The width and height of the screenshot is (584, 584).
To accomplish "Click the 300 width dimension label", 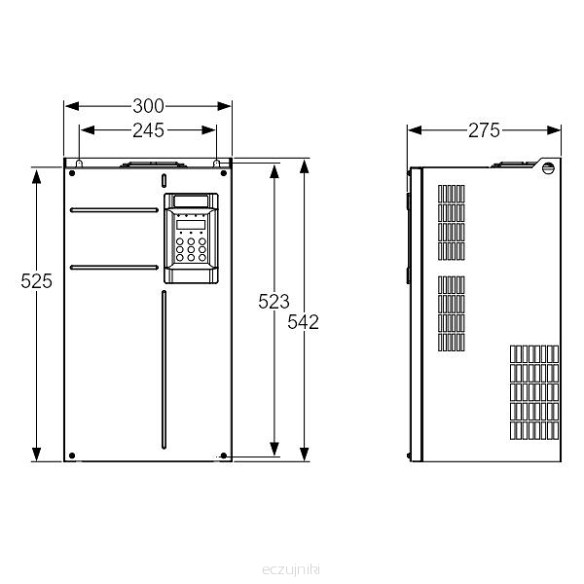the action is (x=148, y=106).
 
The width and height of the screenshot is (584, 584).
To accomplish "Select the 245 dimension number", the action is (x=148, y=130).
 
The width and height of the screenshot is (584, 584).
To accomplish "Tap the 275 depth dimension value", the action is (x=484, y=130).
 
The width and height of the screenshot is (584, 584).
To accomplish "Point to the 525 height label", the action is (x=37, y=281).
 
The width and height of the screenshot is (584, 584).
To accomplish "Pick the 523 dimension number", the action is (x=274, y=302).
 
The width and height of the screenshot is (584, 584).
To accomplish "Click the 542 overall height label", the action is (x=303, y=322).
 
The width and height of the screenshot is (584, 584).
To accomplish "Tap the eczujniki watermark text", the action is (x=291, y=569).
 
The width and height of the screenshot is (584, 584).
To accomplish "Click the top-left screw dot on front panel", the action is (x=72, y=173).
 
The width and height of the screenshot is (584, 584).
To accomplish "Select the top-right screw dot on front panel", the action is (x=224, y=173).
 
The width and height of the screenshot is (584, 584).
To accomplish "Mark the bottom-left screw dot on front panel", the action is (x=72, y=456).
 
